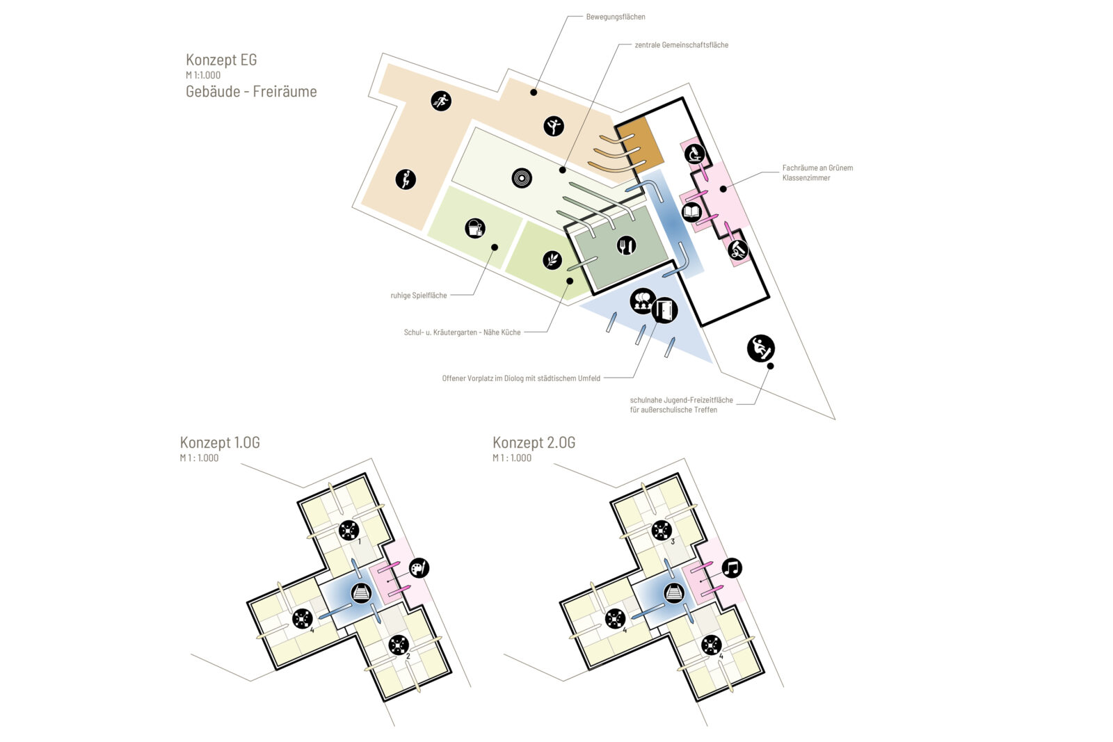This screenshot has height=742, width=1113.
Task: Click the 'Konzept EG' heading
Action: [221, 60]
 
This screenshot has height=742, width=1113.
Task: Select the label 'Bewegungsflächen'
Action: [616, 17]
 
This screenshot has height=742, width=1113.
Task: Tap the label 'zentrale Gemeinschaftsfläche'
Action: [681, 45]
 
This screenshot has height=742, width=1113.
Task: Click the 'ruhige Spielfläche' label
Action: [418, 296]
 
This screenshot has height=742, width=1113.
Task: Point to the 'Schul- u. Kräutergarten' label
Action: [462, 332]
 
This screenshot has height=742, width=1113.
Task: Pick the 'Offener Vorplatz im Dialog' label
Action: [521, 378]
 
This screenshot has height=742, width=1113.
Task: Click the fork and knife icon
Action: [626, 245]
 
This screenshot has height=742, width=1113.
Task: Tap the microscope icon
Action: [695, 154]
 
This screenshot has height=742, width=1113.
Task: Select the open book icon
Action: [691, 213]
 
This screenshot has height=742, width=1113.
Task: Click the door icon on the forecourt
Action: [664, 310]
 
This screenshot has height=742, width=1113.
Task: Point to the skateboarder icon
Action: [761, 348]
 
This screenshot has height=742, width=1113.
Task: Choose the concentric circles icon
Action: [522, 178]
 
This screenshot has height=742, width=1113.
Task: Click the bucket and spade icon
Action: [475, 229]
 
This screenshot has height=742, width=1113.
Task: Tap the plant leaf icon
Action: [552, 260]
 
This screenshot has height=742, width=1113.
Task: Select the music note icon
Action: [731, 567]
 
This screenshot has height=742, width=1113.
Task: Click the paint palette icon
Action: [419, 568]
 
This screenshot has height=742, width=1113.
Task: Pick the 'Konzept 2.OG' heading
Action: [534, 442]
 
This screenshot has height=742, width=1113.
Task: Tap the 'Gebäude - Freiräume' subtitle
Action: [251, 91]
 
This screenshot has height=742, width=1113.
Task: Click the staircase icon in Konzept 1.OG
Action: [361, 593]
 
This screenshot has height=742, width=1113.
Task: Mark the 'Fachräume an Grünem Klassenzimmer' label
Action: [817, 173]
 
